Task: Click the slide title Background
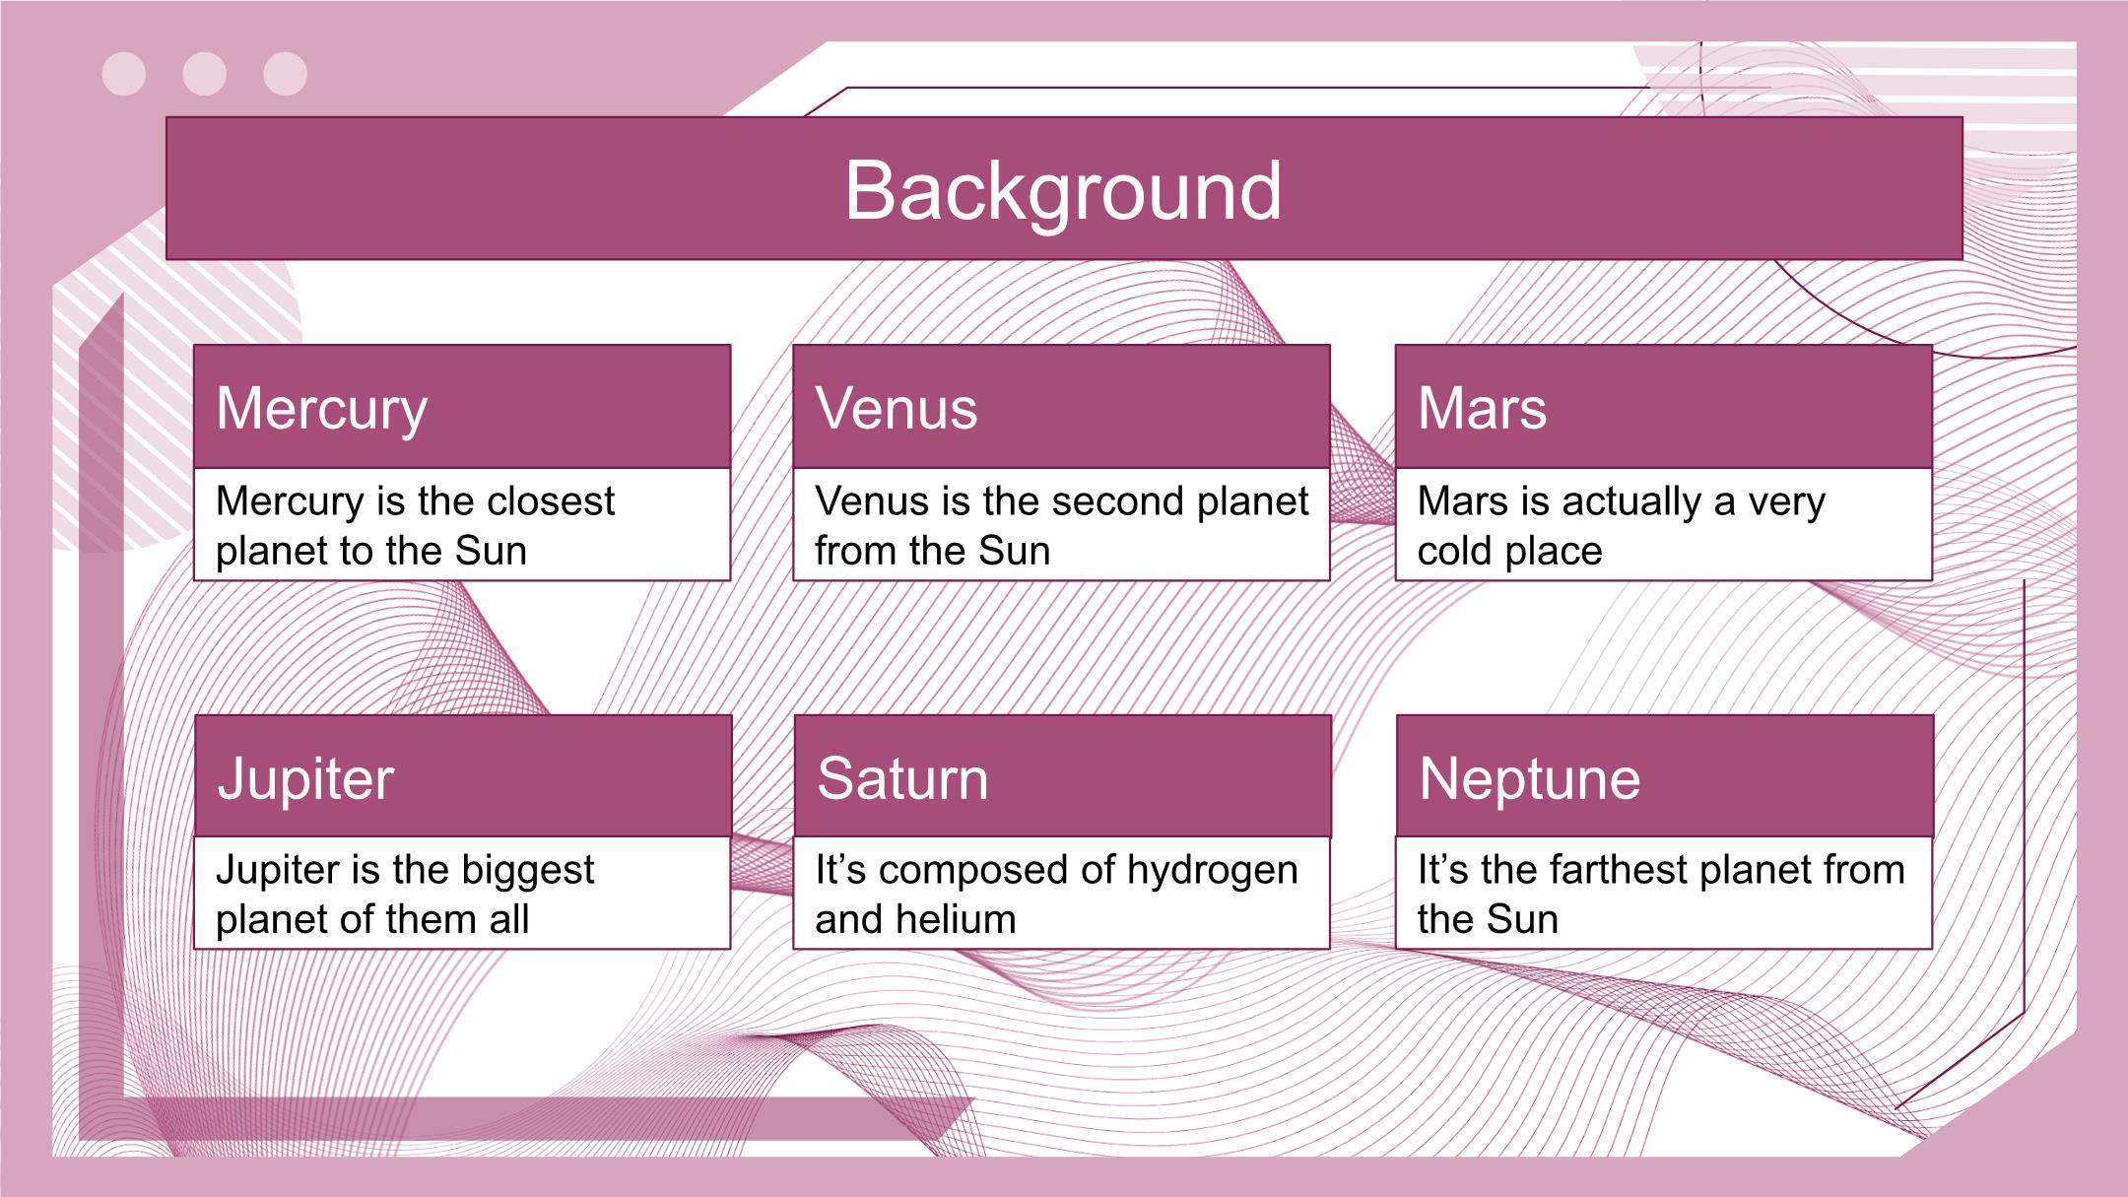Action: click(1063, 191)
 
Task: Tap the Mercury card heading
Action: click(322, 410)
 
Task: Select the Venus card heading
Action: click(897, 408)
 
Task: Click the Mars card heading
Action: click(1482, 408)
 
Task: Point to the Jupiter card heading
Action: click(305, 780)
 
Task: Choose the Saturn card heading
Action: click(902, 778)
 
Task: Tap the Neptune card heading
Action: click(1530, 780)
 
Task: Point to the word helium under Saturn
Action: click(955, 919)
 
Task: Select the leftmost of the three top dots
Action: click(124, 74)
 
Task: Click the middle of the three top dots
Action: click(205, 74)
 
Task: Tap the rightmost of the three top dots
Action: click(286, 74)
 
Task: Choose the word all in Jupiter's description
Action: click(508, 919)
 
